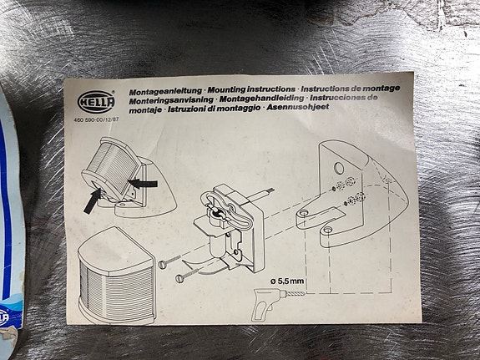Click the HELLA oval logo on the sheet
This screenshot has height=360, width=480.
[x=96, y=101]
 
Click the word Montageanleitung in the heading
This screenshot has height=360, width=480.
[x=165, y=91]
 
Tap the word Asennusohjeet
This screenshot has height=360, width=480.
[x=297, y=107]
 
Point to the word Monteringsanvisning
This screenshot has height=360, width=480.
[x=171, y=100]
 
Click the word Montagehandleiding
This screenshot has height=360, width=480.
[x=261, y=99]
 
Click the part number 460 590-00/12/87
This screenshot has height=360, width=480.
[x=96, y=119]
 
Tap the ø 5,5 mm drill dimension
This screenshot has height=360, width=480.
[x=287, y=281]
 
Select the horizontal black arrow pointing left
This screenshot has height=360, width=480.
[x=143, y=184]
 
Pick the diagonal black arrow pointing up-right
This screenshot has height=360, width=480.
[x=92, y=201]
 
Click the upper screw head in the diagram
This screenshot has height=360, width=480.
[x=162, y=264]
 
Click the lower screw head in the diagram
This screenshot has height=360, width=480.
[x=179, y=278]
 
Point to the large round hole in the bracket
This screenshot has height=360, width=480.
[x=339, y=168]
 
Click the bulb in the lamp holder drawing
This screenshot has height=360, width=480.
[x=216, y=211]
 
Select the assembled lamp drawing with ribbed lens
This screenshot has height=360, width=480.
[x=116, y=275]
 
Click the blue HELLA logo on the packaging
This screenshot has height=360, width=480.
[x=3, y=317]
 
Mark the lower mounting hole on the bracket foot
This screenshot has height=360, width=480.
[x=327, y=230]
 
